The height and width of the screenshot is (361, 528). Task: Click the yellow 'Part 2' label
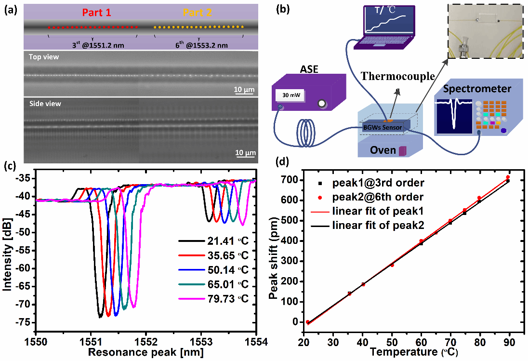(x=195, y=13)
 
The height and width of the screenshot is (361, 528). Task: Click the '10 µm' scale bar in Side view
(x=245, y=152)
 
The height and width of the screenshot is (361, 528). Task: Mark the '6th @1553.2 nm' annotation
(x=199, y=45)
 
